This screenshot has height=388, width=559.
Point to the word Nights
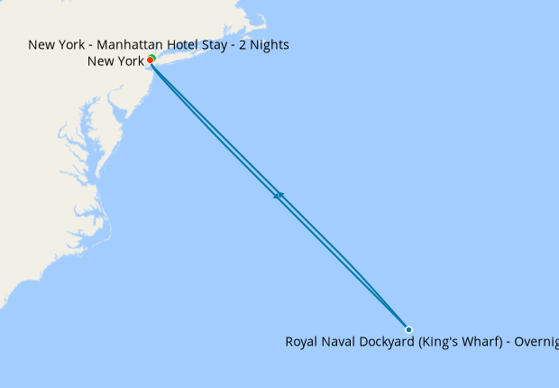(x=268, y=44)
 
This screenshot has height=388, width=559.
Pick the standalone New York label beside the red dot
(x=115, y=61)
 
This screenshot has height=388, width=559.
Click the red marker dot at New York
(x=150, y=60)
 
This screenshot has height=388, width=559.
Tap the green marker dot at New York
(x=152, y=58)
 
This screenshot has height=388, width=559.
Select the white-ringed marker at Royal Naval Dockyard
(x=408, y=329)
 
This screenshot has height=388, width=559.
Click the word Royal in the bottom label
(x=303, y=342)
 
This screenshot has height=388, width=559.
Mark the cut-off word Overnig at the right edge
(x=536, y=342)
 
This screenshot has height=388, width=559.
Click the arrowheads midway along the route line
(x=279, y=195)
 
